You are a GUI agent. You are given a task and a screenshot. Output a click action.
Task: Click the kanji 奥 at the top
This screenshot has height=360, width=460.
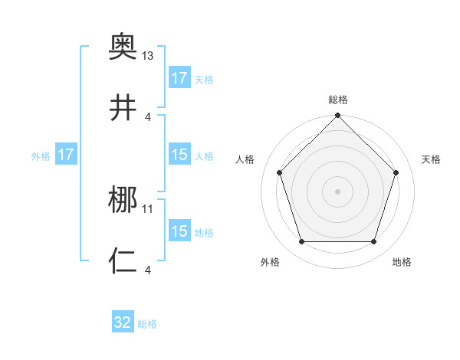click(x=123, y=46)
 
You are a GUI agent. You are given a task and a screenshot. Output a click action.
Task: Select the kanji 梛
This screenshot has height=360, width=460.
click(x=123, y=201)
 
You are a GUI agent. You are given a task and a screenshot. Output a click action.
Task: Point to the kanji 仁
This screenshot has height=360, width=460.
click(x=123, y=260)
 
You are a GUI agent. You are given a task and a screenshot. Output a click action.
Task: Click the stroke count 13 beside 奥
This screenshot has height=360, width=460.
click(x=148, y=56)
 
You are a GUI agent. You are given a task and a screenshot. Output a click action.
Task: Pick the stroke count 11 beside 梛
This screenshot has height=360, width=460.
click(x=148, y=208)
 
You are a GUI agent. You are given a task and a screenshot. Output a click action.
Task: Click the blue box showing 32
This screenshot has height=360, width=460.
click(x=123, y=322)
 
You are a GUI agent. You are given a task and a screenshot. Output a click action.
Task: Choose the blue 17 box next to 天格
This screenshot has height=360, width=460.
click(x=179, y=78)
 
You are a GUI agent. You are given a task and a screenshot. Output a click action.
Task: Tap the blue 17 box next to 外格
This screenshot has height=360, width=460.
click(x=66, y=155)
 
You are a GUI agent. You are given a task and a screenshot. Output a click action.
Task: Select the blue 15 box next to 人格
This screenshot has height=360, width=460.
click(x=179, y=155)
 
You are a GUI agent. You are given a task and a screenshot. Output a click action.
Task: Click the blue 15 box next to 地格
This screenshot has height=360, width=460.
click(x=179, y=231)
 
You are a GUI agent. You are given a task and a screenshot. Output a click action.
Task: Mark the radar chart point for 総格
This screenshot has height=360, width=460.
click(x=337, y=116)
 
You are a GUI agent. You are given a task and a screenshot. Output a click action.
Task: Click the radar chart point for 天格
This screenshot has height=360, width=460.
click(x=396, y=172)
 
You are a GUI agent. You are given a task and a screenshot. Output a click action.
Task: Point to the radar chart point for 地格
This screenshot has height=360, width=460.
click(x=373, y=242)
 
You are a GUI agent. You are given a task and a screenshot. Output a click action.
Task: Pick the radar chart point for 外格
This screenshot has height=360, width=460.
click(x=301, y=242)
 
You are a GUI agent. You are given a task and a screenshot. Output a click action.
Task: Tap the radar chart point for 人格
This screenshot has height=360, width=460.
click(x=279, y=172)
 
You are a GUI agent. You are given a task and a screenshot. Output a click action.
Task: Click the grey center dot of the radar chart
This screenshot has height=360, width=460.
click(x=337, y=191)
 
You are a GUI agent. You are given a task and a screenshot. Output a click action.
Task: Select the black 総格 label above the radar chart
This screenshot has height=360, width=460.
click(x=337, y=100)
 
